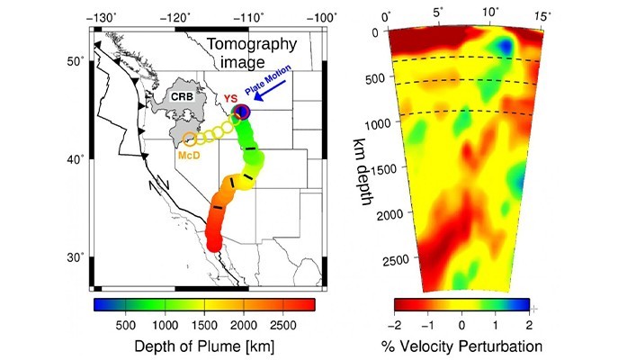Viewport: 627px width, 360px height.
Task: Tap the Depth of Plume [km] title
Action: pyautogui.click(x=203, y=346)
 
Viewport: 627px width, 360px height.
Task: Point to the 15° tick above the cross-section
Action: pyautogui.click(x=542, y=17)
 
